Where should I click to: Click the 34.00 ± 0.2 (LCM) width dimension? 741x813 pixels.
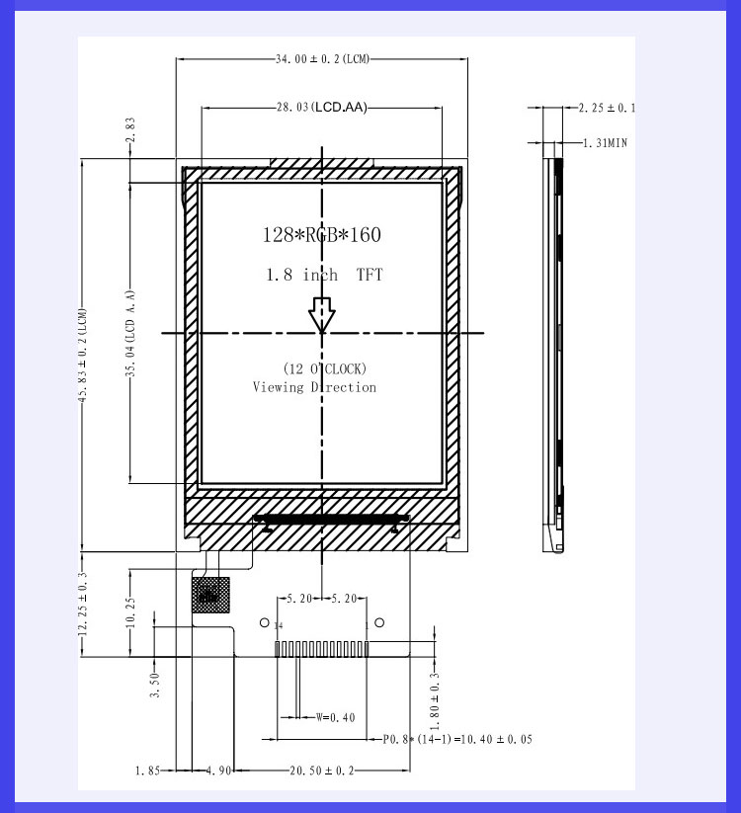coord(322,59)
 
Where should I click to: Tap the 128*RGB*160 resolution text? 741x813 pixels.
coord(321,235)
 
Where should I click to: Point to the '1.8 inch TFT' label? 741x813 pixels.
coord(323,275)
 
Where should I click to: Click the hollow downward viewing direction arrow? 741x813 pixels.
coord(322,315)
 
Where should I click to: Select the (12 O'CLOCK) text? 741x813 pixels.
coord(325,368)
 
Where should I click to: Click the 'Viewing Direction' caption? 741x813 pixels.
coord(314,387)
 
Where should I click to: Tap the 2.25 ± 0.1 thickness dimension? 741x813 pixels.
coord(606,108)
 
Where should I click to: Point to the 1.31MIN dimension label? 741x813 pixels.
coord(604,143)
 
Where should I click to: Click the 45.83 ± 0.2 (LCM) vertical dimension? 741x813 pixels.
coord(83,354)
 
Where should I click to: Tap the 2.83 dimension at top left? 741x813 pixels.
coord(129,130)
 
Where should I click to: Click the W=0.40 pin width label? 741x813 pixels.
coord(336,718)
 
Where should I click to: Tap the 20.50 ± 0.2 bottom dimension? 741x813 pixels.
coord(322,770)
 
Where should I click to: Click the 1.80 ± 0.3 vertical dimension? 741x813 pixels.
coord(434,694)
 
